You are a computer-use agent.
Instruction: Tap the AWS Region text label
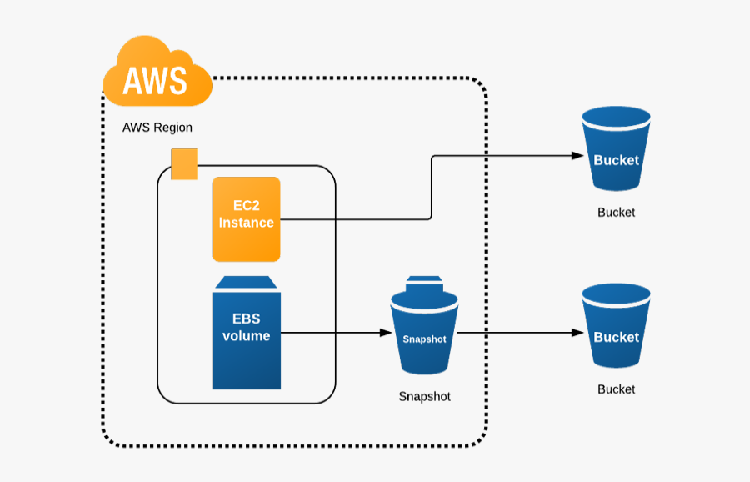(x=157, y=128)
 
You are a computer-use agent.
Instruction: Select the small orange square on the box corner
(x=183, y=164)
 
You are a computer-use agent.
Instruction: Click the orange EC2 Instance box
(x=247, y=218)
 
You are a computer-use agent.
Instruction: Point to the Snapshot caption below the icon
(x=424, y=397)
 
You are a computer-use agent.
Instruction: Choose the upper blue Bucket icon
(x=616, y=151)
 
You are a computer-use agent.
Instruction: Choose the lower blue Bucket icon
(x=616, y=327)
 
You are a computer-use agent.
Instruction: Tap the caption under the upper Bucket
(x=616, y=213)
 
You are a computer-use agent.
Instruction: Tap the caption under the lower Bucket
(x=616, y=389)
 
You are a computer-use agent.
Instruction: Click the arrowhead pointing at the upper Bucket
(x=577, y=156)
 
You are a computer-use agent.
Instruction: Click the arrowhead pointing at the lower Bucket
(x=577, y=333)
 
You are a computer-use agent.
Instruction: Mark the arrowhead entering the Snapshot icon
(x=386, y=333)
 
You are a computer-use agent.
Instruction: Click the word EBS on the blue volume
(x=246, y=319)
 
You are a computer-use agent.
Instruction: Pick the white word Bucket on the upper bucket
(x=616, y=160)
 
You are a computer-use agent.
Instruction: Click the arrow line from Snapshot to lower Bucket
(x=517, y=333)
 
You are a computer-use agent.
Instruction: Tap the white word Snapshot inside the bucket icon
(x=424, y=339)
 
